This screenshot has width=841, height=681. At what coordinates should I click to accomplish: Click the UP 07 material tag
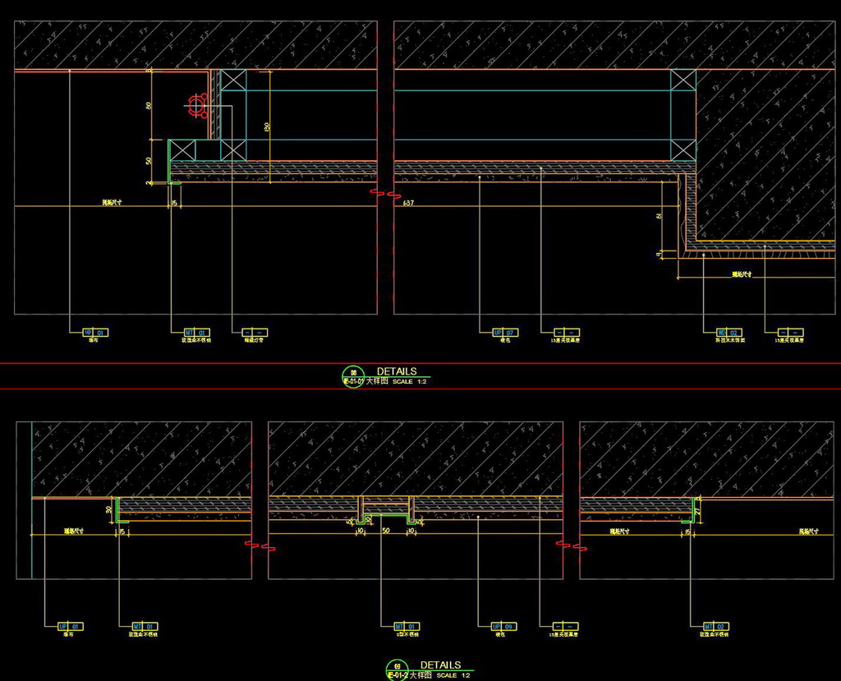[505, 332]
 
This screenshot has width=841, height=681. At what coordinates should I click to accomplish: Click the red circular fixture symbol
[195, 105]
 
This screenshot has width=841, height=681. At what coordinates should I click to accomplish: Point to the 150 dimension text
[267, 127]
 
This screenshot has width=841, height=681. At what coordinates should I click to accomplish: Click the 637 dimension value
[408, 202]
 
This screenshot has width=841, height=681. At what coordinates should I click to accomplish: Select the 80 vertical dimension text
[149, 105]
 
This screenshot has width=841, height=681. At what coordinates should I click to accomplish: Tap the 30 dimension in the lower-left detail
[109, 509]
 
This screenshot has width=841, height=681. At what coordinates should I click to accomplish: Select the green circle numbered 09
[398, 667]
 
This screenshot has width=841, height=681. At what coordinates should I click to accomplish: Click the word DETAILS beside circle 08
[397, 371]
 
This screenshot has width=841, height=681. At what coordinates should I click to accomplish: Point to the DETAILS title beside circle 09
[441, 665]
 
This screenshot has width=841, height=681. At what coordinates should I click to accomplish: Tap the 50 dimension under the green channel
[387, 531]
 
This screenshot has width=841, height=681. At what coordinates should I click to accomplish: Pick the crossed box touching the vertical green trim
[182, 150]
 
